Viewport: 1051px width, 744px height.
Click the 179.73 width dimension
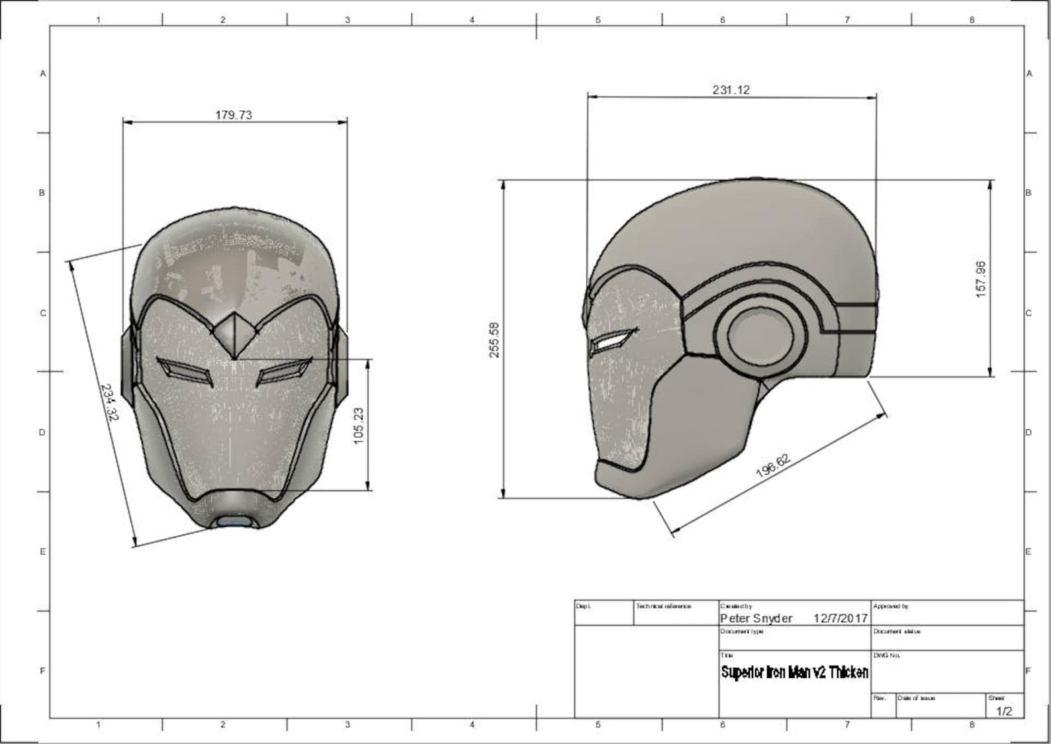click(234, 115)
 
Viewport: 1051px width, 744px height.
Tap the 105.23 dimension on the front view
click(359, 426)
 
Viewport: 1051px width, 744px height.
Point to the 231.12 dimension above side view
click(731, 90)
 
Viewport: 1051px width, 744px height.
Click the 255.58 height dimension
click(494, 340)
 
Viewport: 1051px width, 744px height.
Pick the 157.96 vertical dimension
click(981, 279)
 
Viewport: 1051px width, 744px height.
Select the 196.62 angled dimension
click(773, 466)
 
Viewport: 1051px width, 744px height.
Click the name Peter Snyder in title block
click(756, 618)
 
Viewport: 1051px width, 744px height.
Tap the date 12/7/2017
click(840, 618)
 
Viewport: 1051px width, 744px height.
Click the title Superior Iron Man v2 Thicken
click(794, 673)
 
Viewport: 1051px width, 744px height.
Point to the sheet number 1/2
click(1004, 711)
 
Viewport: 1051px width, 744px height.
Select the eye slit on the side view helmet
click(612, 342)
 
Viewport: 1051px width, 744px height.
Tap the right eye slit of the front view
click(283, 371)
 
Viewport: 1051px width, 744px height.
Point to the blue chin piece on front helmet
click(234, 522)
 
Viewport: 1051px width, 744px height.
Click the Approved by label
click(891, 606)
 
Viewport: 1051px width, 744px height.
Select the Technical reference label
click(663, 606)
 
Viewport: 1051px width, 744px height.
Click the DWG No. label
click(887, 655)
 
